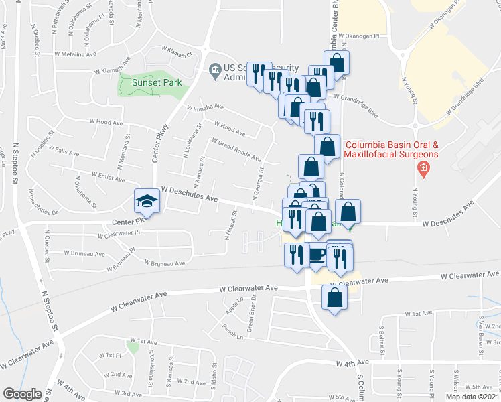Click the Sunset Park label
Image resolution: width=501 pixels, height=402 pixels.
click(157, 82)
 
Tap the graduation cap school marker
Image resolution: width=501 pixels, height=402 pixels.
click(145, 201)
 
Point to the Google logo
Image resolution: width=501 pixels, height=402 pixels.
click(21, 394)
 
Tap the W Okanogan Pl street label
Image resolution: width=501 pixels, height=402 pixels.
click(359, 36)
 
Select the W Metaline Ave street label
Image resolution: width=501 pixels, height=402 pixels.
click(81, 54)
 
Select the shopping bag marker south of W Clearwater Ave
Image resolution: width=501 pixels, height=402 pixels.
click(334, 297)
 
